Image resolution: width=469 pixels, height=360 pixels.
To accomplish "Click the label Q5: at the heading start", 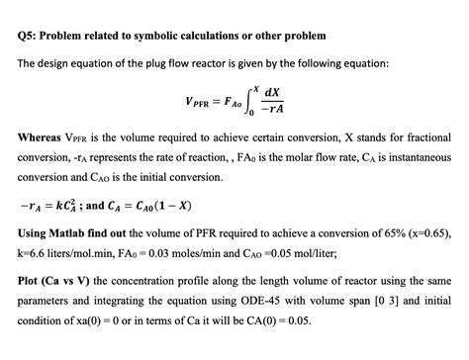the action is [29, 36].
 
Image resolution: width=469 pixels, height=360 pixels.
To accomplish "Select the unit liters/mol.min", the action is [99, 255].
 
